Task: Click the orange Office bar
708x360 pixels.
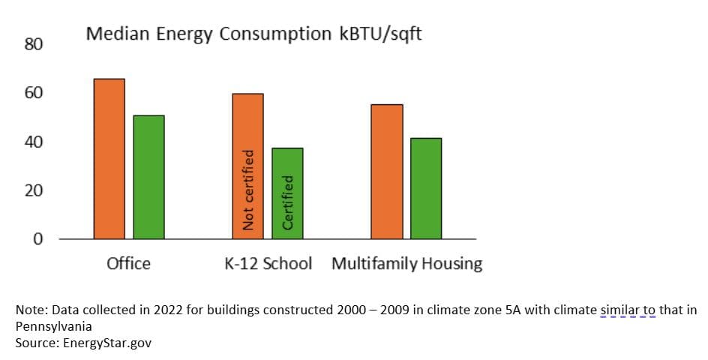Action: (109, 158)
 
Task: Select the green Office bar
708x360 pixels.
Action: (148, 177)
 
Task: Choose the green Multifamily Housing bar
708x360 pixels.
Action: (426, 188)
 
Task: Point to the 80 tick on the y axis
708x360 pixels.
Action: (34, 44)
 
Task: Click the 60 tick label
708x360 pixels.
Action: (34, 93)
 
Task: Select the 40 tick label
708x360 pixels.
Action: (34, 142)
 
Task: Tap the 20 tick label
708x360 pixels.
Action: (34, 190)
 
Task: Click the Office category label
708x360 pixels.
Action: (128, 264)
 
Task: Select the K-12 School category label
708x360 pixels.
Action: (268, 264)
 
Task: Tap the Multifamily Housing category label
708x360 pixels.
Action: (406, 264)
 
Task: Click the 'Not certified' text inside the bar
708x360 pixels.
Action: (247, 190)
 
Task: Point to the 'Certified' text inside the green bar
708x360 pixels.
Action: (287, 202)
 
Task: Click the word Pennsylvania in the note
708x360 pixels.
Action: (53, 327)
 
